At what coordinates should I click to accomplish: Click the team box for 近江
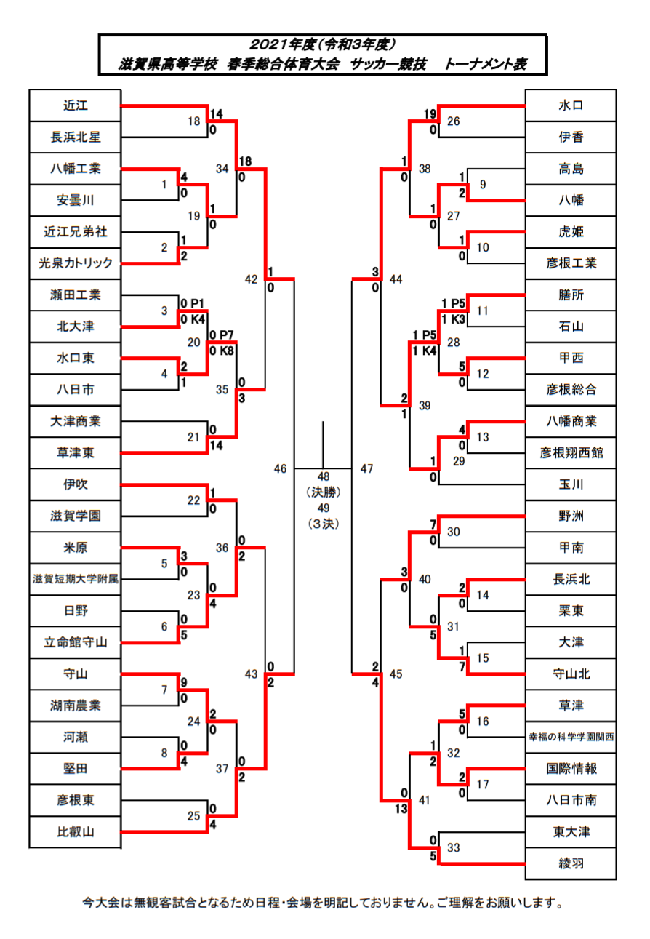75,105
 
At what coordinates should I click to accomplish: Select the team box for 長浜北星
75,137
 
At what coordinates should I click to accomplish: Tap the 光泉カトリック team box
75,263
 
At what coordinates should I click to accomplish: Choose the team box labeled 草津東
75,453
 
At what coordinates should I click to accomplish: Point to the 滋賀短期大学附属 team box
75,580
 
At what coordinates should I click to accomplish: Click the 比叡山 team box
75,832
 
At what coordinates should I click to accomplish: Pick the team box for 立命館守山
75,642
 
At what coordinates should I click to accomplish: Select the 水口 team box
571,105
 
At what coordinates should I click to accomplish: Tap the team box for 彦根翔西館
571,453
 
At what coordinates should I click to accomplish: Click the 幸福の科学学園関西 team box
571,737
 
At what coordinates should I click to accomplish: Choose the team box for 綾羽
571,863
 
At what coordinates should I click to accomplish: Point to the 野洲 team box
571,516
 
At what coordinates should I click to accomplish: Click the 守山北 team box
571,674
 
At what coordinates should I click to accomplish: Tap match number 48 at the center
324,476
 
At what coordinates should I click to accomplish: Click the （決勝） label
324,492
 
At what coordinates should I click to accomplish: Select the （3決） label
324,523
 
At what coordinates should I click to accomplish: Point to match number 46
281,469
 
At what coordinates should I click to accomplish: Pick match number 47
367,469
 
